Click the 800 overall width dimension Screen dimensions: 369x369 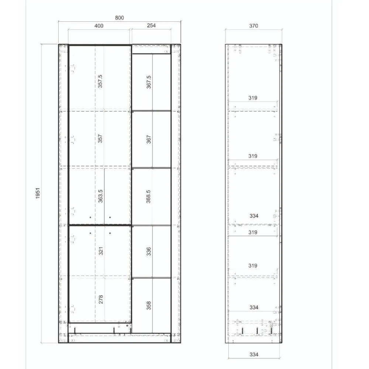119,17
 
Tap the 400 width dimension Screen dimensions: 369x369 99,25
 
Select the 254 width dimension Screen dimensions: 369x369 151,25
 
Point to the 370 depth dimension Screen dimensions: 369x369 254,25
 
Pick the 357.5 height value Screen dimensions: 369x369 100,82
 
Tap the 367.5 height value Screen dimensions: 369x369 149,82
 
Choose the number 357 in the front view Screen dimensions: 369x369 100,138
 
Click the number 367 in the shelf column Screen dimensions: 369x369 149,139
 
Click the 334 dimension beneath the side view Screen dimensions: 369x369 254,355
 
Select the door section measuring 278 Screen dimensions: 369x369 100,299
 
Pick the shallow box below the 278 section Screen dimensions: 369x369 100,328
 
